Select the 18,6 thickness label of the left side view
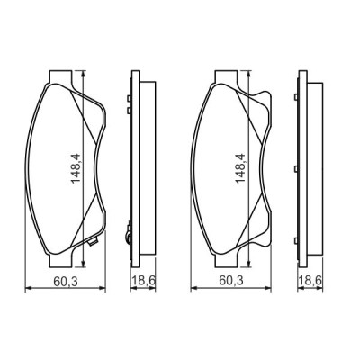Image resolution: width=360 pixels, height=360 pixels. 144,280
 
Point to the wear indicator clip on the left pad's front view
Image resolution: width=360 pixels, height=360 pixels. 94,242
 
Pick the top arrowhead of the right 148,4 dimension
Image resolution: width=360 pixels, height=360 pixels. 249,75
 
